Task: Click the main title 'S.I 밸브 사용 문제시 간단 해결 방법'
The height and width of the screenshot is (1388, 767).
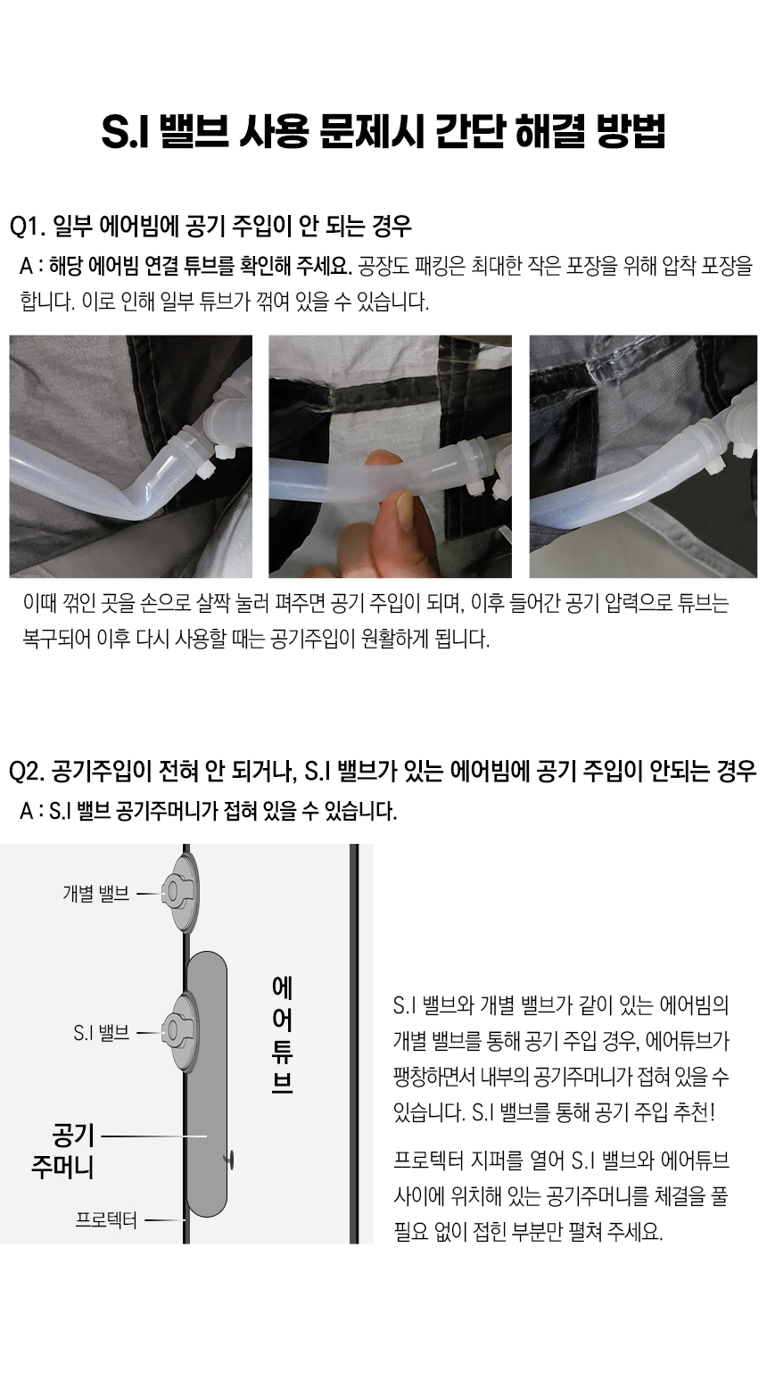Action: [x=383, y=131]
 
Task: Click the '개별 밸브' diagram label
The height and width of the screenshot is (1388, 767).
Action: [x=96, y=894]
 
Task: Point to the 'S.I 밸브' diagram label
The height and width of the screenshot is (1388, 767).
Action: [x=101, y=1032]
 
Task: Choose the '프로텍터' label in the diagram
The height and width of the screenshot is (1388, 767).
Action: [x=106, y=1219]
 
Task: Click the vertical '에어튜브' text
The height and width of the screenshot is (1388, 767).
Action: [x=283, y=1035]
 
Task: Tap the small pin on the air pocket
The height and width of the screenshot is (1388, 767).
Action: [x=229, y=1161]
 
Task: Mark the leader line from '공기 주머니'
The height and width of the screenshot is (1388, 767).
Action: [x=153, y=1136]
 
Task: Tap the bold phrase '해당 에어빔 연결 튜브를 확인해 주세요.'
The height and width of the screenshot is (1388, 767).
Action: [x=201, y=266]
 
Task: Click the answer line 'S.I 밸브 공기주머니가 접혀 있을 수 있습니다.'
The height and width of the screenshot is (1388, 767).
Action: [x=223, y=811]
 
